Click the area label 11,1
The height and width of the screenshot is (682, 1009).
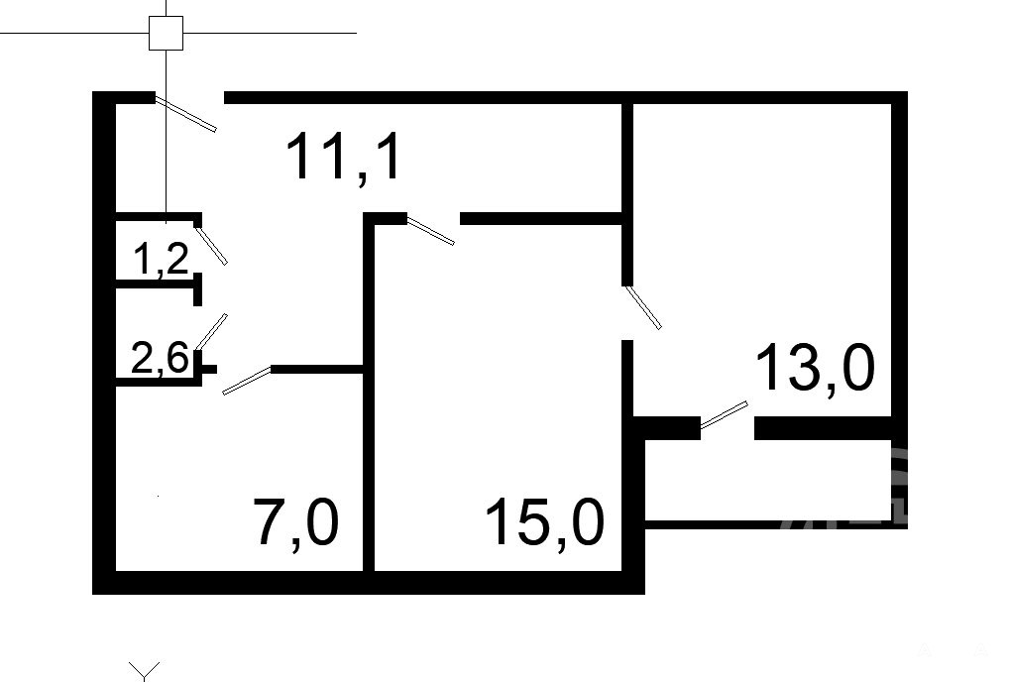pyautogui.click(x=344, y=158)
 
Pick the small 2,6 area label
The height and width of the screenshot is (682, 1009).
pyautogui.click(x=160, y=358)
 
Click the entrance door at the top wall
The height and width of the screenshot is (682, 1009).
pyautogui.click(x=186, y=115)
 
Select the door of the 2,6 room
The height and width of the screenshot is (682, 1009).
pyautogui.click(x=212, y=331)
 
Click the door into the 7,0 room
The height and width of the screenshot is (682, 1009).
pyautogui.click(x=246, y=381)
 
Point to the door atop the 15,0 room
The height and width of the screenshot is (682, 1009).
pyautogui.click(x=431, y=230)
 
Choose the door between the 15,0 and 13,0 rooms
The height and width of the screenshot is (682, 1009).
pyautogui.click(x=642, y=307)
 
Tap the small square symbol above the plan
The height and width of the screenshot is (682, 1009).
pyautogui.click(x=166, y=33)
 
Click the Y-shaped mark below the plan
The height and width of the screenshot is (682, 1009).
pyautogui.click(x=146, y=671)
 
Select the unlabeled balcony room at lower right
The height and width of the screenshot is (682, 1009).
pyautogui.click(x=773, y=481)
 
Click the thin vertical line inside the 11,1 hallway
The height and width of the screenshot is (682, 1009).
pyautogui.click(x=166, y=169)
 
